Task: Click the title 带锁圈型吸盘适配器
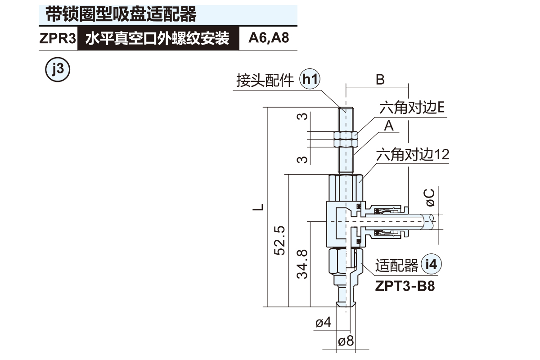tap(121, 14)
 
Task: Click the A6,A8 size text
tap(269, 38)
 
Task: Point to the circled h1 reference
tap(310, 80)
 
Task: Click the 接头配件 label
tap(265, 81)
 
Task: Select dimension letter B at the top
tap(380, 80)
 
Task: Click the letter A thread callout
tap(389, 126)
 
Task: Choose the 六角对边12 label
tap(412, 155)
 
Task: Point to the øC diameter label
tap(430, 197)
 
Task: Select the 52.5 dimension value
tap(279, 241)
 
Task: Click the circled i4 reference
tap(432, 265)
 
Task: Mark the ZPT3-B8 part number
tap(405, 286)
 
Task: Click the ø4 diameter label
tap(323, 323)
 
